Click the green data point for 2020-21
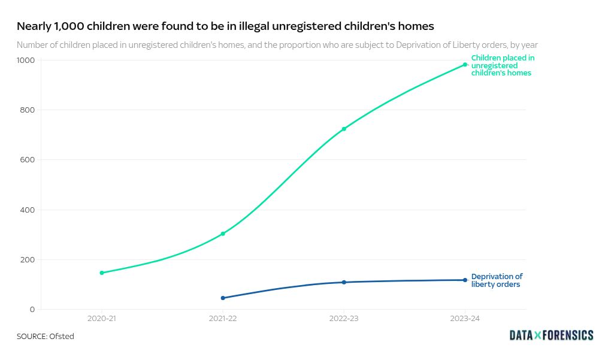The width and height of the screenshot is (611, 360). point(102,273)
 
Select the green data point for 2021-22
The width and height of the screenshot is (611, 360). point(223,234)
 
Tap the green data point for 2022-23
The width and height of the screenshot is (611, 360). point(344,129)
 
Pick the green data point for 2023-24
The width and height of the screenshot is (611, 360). point(465,65)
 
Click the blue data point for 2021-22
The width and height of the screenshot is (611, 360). point(223,298)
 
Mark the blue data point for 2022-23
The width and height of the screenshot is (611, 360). point(344,282)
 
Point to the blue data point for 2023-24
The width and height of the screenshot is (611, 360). point(465,280)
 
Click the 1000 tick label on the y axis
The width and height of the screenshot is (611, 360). point(26,60)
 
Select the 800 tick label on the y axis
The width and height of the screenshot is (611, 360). point(28,110)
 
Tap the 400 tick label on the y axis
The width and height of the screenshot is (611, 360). point(28,210)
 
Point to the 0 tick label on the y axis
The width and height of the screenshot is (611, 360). point(32,310)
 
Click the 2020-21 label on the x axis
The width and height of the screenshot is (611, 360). point(102,319)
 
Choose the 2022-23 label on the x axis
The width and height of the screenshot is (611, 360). point(344,319)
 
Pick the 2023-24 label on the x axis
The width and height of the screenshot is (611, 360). point(465,319)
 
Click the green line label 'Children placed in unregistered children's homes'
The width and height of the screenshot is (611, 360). point(502,65)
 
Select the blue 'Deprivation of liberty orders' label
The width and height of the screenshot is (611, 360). point(497,280)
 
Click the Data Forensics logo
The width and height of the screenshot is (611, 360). point(551,335)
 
